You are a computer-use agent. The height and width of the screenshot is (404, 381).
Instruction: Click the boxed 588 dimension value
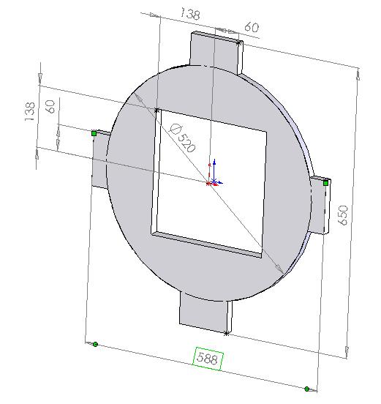(208, 359)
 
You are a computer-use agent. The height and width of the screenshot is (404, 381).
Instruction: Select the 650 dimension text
(343, 215)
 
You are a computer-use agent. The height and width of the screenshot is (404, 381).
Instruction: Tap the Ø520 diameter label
(183, 138)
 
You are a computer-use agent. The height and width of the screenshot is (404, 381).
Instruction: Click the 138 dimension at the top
(190, 14)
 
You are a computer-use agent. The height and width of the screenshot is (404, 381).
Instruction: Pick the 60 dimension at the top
(252, 27)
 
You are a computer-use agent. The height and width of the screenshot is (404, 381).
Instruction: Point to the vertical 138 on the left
(29, 111)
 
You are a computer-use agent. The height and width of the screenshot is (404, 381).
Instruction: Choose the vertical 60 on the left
(50, 107)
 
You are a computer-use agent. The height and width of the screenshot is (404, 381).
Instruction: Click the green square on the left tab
(94, 133)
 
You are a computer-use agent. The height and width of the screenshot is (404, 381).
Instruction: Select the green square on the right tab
(325, 183)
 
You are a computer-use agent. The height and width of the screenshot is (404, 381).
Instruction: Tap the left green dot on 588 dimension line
(95, 344)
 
